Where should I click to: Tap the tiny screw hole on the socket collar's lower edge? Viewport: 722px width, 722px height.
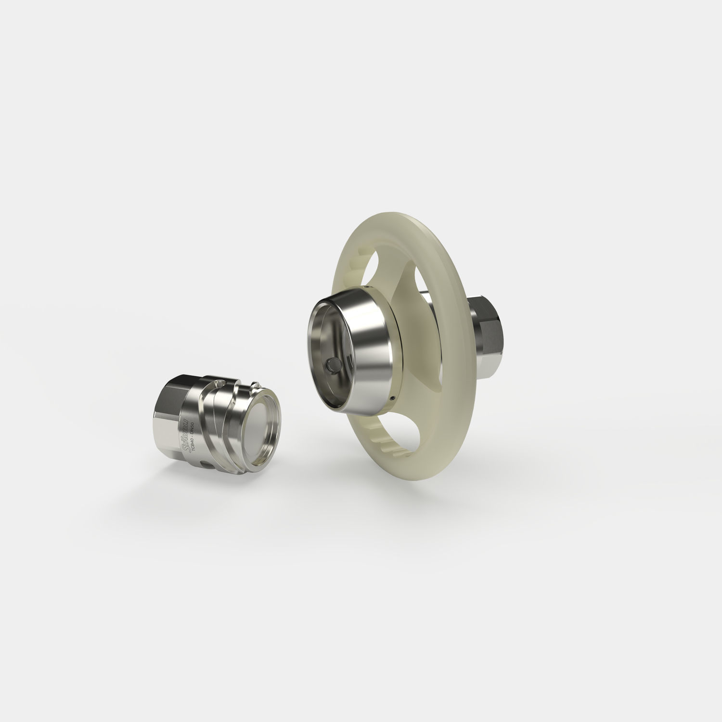point(393,398)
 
